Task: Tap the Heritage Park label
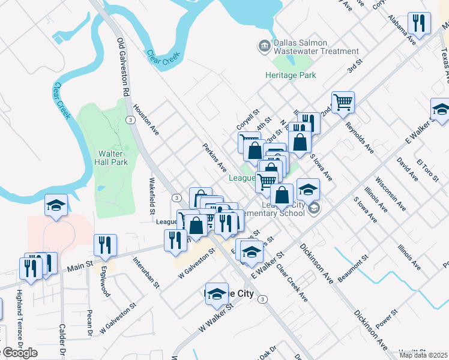pos(291,76)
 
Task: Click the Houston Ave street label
pos(146,119)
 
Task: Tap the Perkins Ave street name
pos(214,157)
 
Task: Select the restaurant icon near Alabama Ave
pos(418,23)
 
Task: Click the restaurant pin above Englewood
pos(104,244)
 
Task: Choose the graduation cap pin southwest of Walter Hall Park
pos(56,206)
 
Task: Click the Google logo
pos(20,353)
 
